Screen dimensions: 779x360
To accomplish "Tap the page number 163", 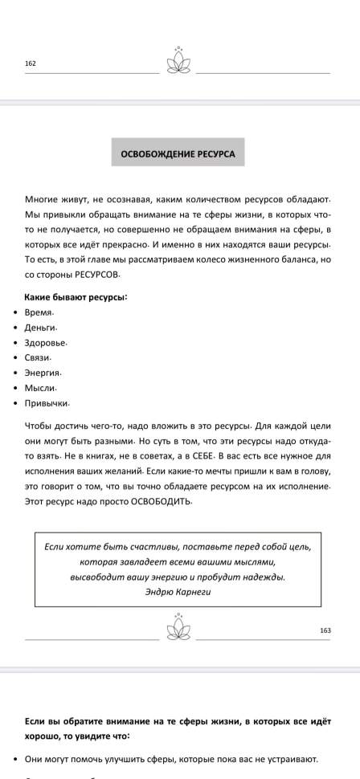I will [325, 630].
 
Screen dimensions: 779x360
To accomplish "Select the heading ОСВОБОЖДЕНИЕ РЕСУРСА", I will [178, 153].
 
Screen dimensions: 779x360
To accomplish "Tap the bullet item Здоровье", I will [46, 342].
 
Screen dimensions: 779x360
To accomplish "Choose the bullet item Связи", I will [39, 357].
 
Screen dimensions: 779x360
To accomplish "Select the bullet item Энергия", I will [43, 373].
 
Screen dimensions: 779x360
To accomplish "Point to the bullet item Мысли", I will [40, 388].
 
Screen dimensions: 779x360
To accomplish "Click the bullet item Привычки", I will [47, 403].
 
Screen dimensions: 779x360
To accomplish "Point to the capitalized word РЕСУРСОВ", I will [89, 275].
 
